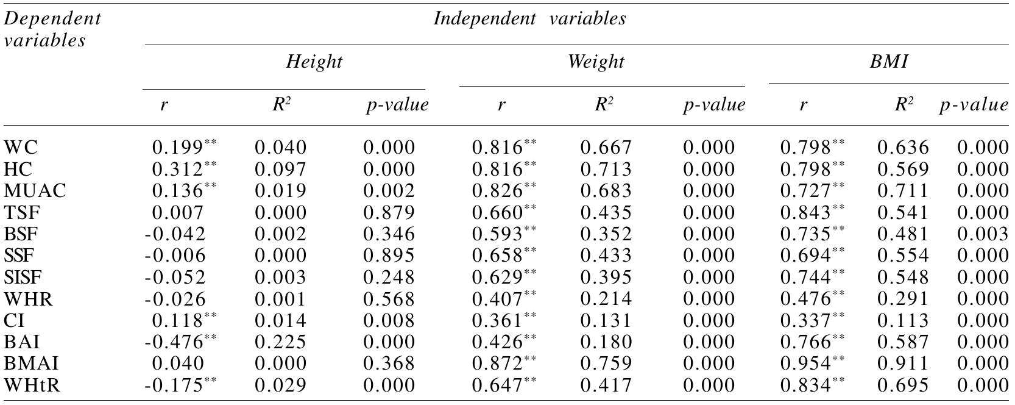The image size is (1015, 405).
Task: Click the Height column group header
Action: click(314, 62)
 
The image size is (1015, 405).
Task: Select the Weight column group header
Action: click(596, 62)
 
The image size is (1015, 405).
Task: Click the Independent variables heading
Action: click(529, 18)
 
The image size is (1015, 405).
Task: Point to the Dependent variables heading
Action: click(52, 29)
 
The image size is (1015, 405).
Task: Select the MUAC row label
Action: click(35, 191)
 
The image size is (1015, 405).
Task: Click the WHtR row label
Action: click(32, 385)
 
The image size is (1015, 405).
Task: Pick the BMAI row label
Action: click(32, 364)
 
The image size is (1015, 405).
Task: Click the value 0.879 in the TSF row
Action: click(389, 213)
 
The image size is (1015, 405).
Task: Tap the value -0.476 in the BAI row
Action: click(175, 342)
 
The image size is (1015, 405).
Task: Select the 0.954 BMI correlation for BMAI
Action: click(805, 364)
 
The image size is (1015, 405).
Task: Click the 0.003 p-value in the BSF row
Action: click(982, 234)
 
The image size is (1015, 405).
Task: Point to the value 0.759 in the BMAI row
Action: click(606, 364)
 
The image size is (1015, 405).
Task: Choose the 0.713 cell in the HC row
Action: click(606, 170)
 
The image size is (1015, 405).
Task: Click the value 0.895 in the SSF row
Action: click(389, 256)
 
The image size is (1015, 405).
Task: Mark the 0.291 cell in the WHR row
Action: click(903, 299)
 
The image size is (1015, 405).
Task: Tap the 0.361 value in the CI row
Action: click(497, 321)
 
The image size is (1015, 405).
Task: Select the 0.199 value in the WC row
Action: click(177, 148)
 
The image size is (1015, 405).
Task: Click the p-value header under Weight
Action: click(713, 105)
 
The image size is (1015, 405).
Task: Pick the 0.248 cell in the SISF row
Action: click(389, 278)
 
